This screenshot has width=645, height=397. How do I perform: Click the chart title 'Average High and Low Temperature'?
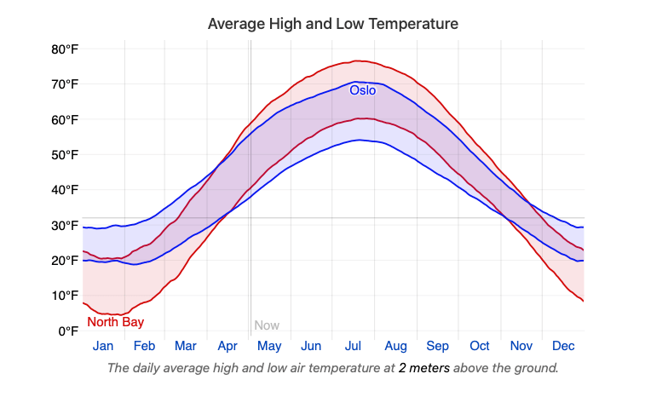click(333, 24)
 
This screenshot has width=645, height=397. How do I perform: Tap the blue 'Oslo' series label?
click(362, 89)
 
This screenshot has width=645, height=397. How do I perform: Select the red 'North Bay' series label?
click(115, 322)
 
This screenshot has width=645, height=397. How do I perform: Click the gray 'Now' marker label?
click(267, 325)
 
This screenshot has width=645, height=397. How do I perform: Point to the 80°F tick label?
click(65, 49)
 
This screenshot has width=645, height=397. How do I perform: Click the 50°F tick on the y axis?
click(65, 155)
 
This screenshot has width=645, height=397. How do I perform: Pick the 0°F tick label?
click(68, 331)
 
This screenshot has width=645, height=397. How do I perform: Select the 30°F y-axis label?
click(65, 226)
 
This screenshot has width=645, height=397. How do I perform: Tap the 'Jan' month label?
click(103, 347)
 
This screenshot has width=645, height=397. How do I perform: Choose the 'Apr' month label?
click(227, 347)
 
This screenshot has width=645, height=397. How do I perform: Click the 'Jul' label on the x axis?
click(354, 347)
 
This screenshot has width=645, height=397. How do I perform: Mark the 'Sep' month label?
click(437, 347)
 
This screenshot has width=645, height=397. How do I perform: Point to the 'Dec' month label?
click(563, 347)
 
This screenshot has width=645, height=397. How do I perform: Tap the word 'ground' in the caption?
click(535, 368)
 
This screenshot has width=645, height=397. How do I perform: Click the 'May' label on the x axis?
click(269, 347)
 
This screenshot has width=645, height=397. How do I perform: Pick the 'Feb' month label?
click(144, 347)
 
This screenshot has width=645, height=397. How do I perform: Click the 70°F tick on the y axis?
click(65, 84)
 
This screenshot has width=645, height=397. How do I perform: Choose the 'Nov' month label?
click(521, 347)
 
